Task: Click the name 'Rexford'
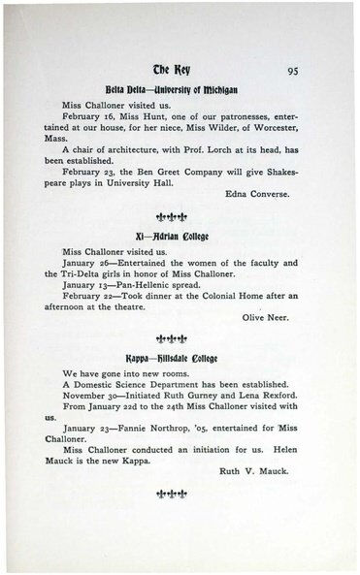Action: point(264,449)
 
